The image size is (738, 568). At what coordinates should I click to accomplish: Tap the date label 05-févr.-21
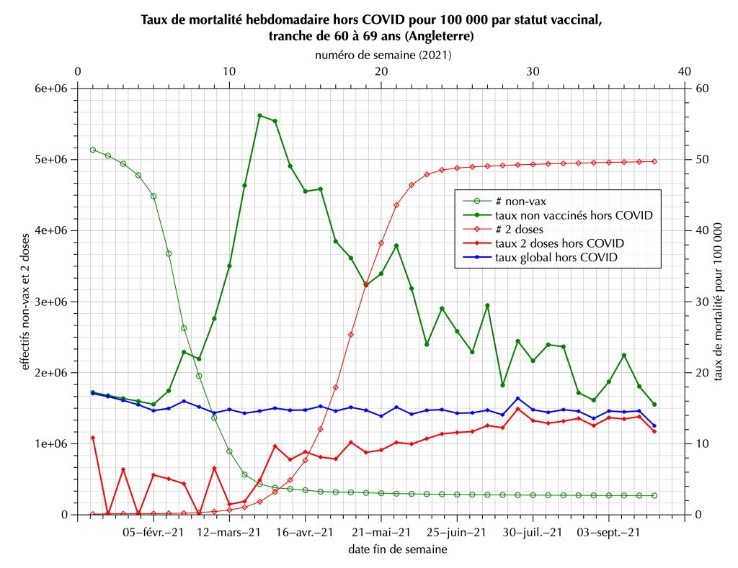153,533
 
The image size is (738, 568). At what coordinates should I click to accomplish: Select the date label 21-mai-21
381,533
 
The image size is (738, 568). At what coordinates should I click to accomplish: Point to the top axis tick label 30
533,71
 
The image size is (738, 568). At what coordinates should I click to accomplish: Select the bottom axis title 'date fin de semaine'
381,550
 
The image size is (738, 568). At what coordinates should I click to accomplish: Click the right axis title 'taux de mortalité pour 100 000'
718,302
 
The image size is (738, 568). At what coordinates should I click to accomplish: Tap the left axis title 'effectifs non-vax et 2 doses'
27,302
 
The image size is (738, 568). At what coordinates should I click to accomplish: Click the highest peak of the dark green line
259,115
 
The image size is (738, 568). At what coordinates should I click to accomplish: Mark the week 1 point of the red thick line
93,438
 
